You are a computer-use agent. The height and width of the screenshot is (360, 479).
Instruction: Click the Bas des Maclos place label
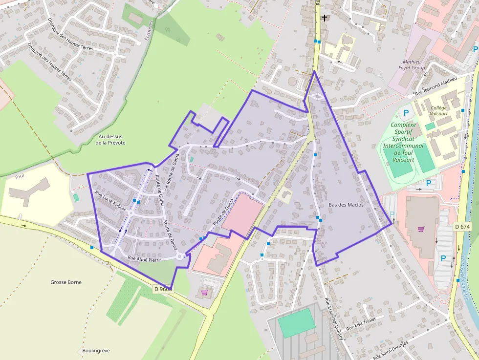point(346,205)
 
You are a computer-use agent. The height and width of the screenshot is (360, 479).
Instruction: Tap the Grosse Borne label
point(66,282)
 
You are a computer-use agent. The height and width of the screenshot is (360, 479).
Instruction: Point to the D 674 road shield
point(462,227)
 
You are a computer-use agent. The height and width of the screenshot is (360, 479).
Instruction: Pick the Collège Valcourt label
point(438,110)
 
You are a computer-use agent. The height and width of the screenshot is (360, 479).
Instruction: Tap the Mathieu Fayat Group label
point(412,65)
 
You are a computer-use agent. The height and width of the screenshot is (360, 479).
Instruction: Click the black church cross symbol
point(324,18)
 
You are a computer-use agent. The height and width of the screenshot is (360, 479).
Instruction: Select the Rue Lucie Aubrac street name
point(111,201)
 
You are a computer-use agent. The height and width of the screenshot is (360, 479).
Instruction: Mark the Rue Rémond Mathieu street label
point(435,86)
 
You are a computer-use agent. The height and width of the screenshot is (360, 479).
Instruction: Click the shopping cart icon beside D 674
point(421,229)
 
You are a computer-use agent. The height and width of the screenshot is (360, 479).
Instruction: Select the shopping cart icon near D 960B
point(204,293)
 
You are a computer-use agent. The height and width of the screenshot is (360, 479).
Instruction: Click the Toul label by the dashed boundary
point(20,176)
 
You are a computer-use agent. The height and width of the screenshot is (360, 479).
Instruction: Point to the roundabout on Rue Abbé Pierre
point(181,256)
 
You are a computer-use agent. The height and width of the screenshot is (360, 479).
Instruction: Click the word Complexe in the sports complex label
point(403,125)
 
